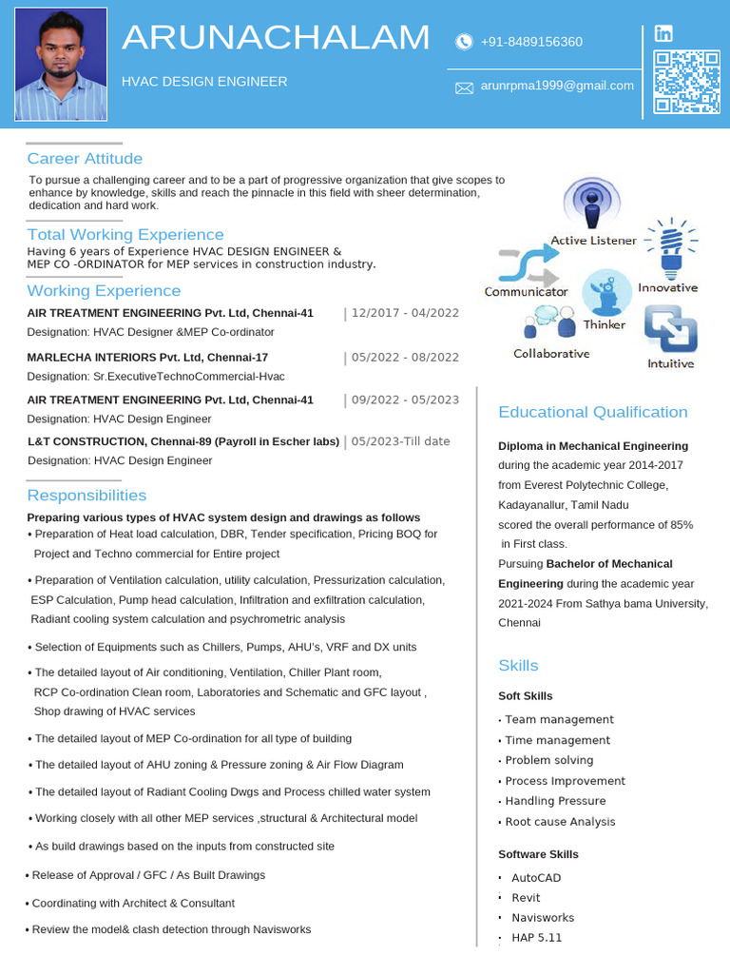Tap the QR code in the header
click(687, 83)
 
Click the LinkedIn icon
click(663, 34)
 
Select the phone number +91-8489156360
click(531, 42)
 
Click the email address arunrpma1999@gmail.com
click(557, 86)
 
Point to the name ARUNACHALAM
click(276, 38)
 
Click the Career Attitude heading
click(85, 159)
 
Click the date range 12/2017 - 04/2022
click(405, 313)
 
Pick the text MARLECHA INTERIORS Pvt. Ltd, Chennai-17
click(147, 358)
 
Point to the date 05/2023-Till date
click(401, 441)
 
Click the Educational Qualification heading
click(593, 412)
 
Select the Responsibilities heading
click(86, 496)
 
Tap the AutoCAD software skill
click(536, 878)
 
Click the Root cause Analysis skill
click(560, 822)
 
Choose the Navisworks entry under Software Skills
click(543, 918)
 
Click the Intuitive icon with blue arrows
click(671, 329)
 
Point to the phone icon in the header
click(464, 42)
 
